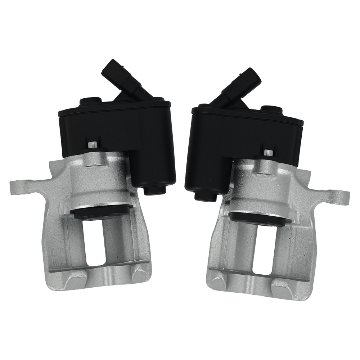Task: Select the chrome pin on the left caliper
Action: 92,145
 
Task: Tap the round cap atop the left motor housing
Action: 89,102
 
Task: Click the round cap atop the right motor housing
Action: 270,109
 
